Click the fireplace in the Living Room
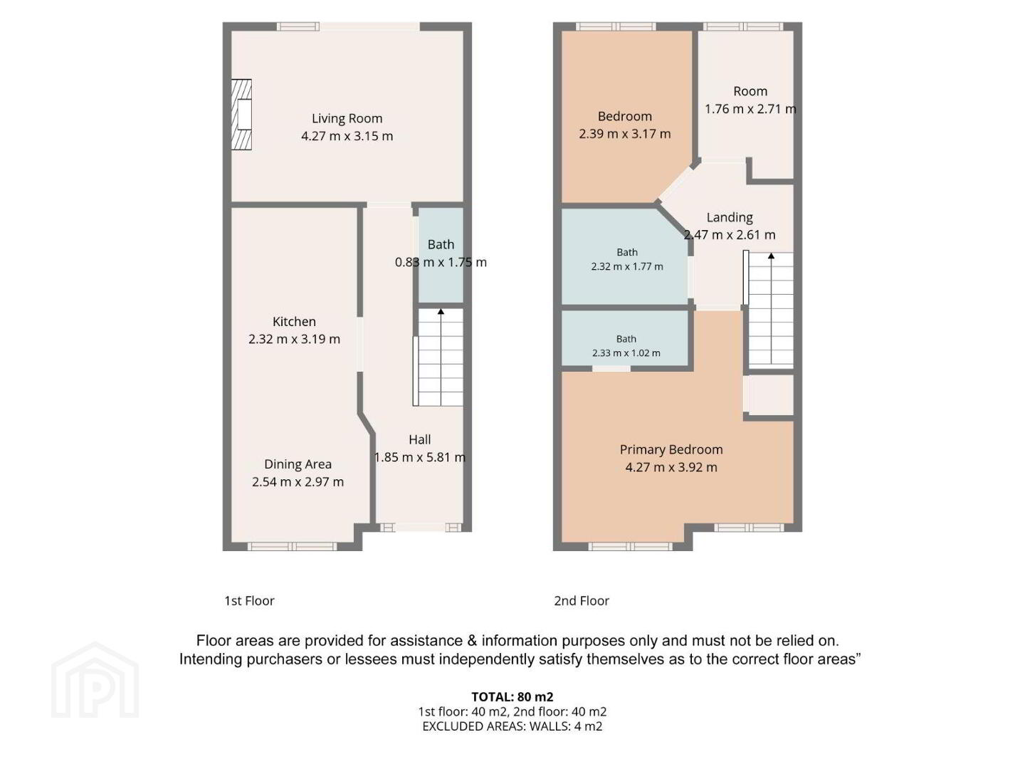pos(241,115)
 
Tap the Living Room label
pos(347,119)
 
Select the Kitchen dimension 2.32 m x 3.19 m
pos(294,339)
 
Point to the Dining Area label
pos(298,464)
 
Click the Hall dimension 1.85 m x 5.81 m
pos(420,457)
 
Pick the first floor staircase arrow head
pos(441,311)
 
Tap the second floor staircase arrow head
pos(771,256)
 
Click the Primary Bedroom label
pos(671,449)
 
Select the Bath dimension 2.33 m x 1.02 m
pos(626,353)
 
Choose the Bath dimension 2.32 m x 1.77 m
pos(627,266)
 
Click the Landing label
pos(730,218)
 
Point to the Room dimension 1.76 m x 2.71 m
pos(750,109)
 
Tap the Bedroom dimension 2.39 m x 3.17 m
pos(625,134)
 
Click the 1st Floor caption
pos(249,600)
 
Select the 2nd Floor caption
pos(582,600)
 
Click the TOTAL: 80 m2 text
pos(512,696)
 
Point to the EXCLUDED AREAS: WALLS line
pos(512,726)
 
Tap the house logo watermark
pos(95,680)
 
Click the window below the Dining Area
pos(292,546)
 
